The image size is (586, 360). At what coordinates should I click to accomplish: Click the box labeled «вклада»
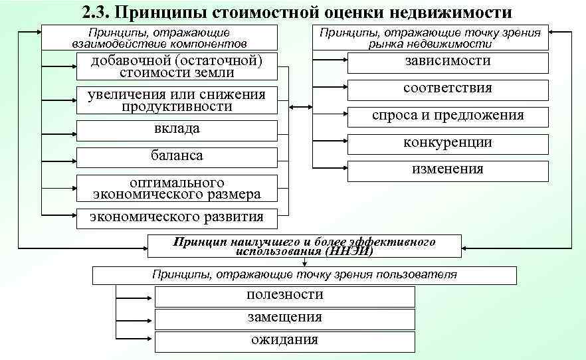tap(177, 130)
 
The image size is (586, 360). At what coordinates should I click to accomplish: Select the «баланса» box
tap(177, 157)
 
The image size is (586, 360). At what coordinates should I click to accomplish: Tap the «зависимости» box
tap(448, 62)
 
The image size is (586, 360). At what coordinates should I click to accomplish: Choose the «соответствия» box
tap(448, 89)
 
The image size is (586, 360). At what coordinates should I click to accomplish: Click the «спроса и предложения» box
tap(448, 116)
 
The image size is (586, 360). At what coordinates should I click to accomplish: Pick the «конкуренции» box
tap(448, 143)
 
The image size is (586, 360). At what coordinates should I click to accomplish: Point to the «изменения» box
tap(448, 170)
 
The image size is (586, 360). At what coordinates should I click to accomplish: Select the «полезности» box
tap(284, 296)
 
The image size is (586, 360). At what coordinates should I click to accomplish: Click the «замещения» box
tap(284, 318)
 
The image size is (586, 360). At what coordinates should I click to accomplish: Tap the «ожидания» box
tap(284, 341)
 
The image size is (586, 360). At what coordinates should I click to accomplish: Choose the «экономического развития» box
tap(177, 217)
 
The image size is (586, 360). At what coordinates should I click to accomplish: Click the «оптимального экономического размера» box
tap(177, 188)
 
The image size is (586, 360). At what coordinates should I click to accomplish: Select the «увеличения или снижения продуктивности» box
tap(177, 100)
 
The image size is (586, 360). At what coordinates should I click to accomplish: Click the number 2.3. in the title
tap(98, 13)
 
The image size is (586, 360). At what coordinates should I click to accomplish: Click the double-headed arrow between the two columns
tap(301, 107)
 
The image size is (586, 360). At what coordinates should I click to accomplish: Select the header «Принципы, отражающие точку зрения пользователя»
tap(304, 274)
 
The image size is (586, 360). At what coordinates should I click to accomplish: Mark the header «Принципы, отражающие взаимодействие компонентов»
tap(159, 37)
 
